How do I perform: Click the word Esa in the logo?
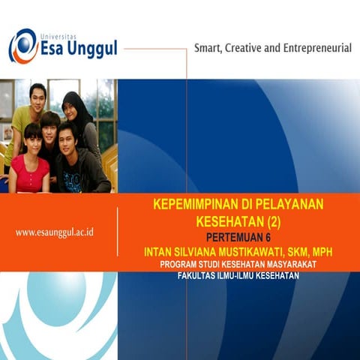click(55, 50)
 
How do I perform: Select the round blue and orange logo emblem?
click(22, 46)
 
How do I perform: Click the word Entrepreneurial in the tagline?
click(315, 48)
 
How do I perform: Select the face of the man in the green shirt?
click(37, 97)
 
